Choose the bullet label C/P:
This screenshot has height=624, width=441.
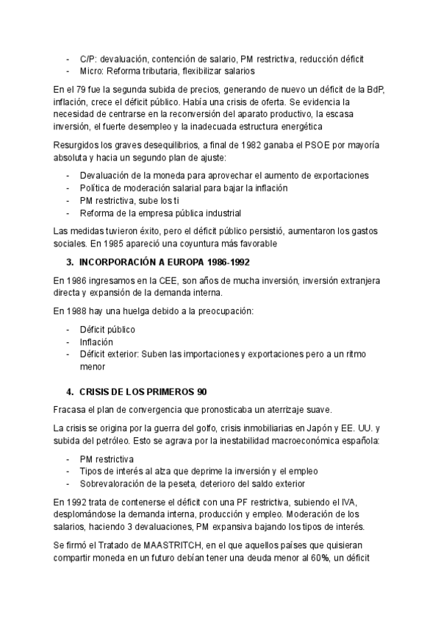pyautogui.click(x=88, y=58)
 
